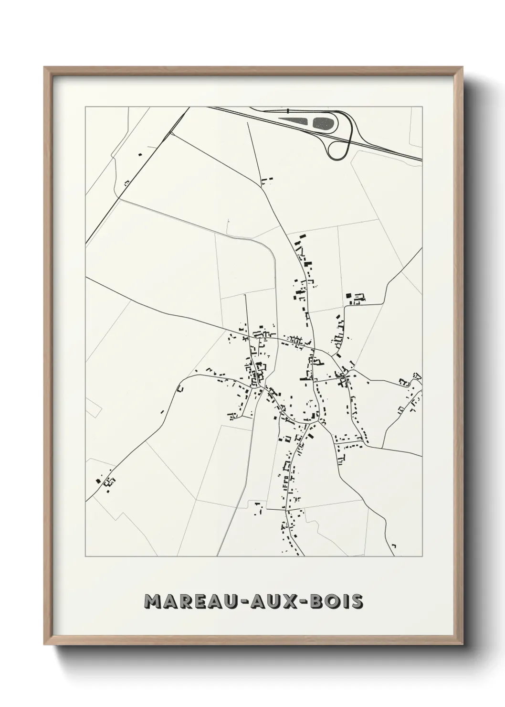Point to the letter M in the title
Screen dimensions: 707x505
pos(154,602)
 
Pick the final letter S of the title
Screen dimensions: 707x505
pos(357,602)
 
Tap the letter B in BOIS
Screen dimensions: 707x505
pos(317,602)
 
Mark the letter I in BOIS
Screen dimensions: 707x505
pos(345,602)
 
